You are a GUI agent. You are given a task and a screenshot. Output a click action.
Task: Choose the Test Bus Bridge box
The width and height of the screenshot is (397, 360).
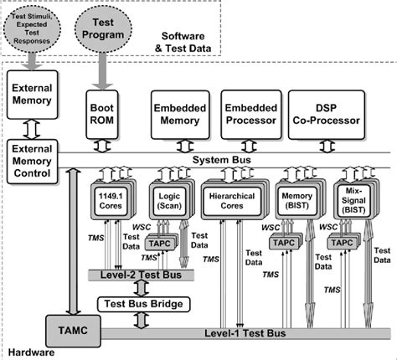click(141, 302)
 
